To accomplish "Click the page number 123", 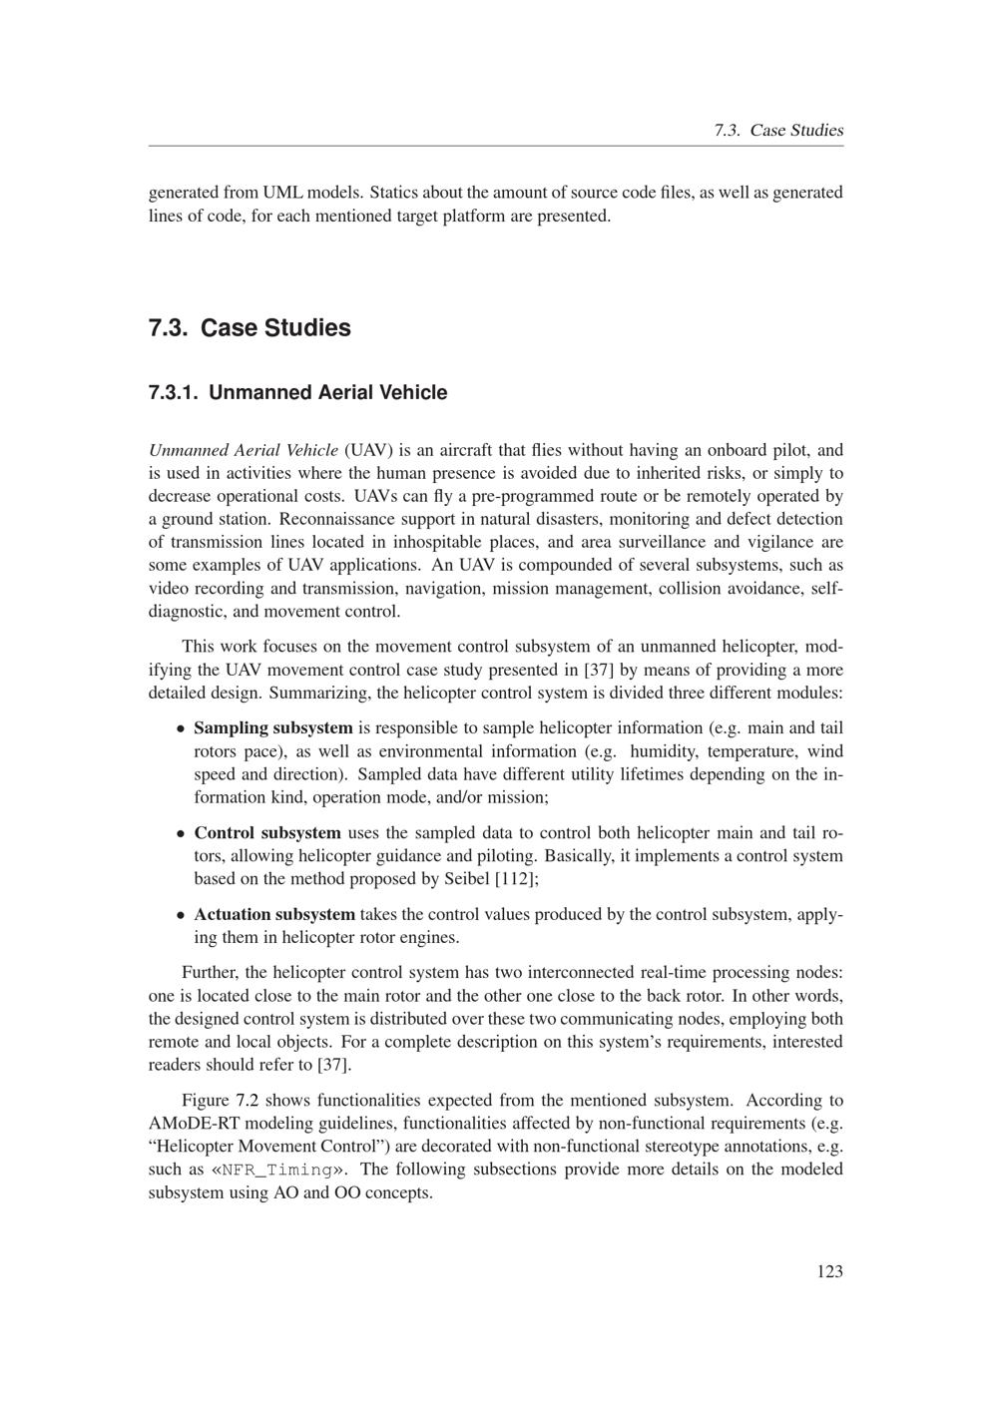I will click(x=829, y=1271).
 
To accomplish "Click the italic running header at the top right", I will click(x=778, y=131).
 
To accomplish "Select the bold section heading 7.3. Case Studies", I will click(x=249, y=328).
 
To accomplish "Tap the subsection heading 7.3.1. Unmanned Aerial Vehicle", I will click(x=297, y=392).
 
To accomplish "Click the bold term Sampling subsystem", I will click(x=272, y=728).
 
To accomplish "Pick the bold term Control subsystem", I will click(x=267, y=833).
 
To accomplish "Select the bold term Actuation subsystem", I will click(x=274, y=915).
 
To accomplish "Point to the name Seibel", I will click(x=461, y=879).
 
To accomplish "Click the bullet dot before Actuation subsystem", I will click(x=180, y=915).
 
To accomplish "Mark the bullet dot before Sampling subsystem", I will click(x=180, y=729).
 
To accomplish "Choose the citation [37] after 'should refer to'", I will click(x=332, y=1065).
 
